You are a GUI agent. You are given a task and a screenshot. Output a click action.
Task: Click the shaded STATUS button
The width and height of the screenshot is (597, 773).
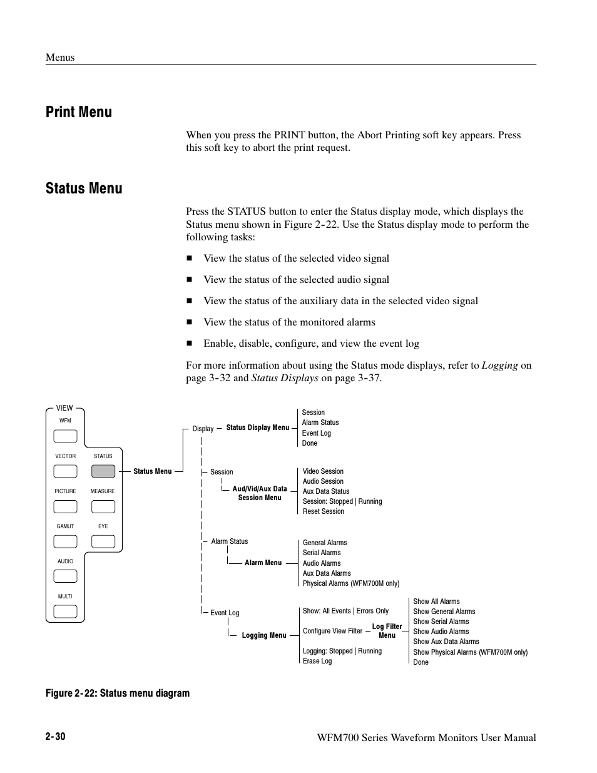coord(103,471)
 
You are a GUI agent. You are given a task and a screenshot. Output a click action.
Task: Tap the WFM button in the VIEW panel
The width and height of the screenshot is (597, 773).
coord(66,436)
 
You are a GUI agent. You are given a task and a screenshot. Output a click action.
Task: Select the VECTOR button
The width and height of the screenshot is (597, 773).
coord(66,471)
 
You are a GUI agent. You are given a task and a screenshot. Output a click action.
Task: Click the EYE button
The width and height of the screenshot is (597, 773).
coord(103,541)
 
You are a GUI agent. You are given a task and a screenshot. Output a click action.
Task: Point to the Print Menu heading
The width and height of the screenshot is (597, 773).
coord(79,112)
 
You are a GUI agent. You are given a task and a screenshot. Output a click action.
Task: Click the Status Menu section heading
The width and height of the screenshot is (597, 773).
coord(84,188)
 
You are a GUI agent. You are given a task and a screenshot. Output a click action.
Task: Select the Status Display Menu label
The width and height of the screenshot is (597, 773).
coord(257,427)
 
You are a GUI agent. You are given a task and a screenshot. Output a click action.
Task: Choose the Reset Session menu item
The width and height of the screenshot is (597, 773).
coord(324,511)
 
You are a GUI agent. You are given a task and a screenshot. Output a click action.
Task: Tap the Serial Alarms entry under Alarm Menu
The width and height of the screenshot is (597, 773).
coord(322,553)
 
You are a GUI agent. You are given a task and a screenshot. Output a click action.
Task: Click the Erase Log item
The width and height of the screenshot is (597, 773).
coord(317,661)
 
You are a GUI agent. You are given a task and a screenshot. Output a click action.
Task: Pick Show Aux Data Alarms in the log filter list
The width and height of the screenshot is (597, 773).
coord(446,642)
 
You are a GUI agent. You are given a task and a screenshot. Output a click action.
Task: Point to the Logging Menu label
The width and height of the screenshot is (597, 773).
coord(263,635)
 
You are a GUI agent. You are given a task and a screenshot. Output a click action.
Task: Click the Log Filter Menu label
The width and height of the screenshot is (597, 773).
coord(387,631)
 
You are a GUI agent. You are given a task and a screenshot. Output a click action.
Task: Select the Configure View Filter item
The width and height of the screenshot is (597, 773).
coord(332,631)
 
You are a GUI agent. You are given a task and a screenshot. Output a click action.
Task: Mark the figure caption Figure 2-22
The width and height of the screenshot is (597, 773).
coord(118,693)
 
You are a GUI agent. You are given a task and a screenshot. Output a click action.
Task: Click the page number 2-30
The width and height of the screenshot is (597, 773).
coord(55,737)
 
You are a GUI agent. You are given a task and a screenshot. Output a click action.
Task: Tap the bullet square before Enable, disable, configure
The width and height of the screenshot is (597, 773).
coord(189,344)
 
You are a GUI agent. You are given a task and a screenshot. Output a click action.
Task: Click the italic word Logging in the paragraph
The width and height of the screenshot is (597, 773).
coord(499,366)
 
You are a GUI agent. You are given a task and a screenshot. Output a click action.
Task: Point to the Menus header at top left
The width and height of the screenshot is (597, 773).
coord(60,57)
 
